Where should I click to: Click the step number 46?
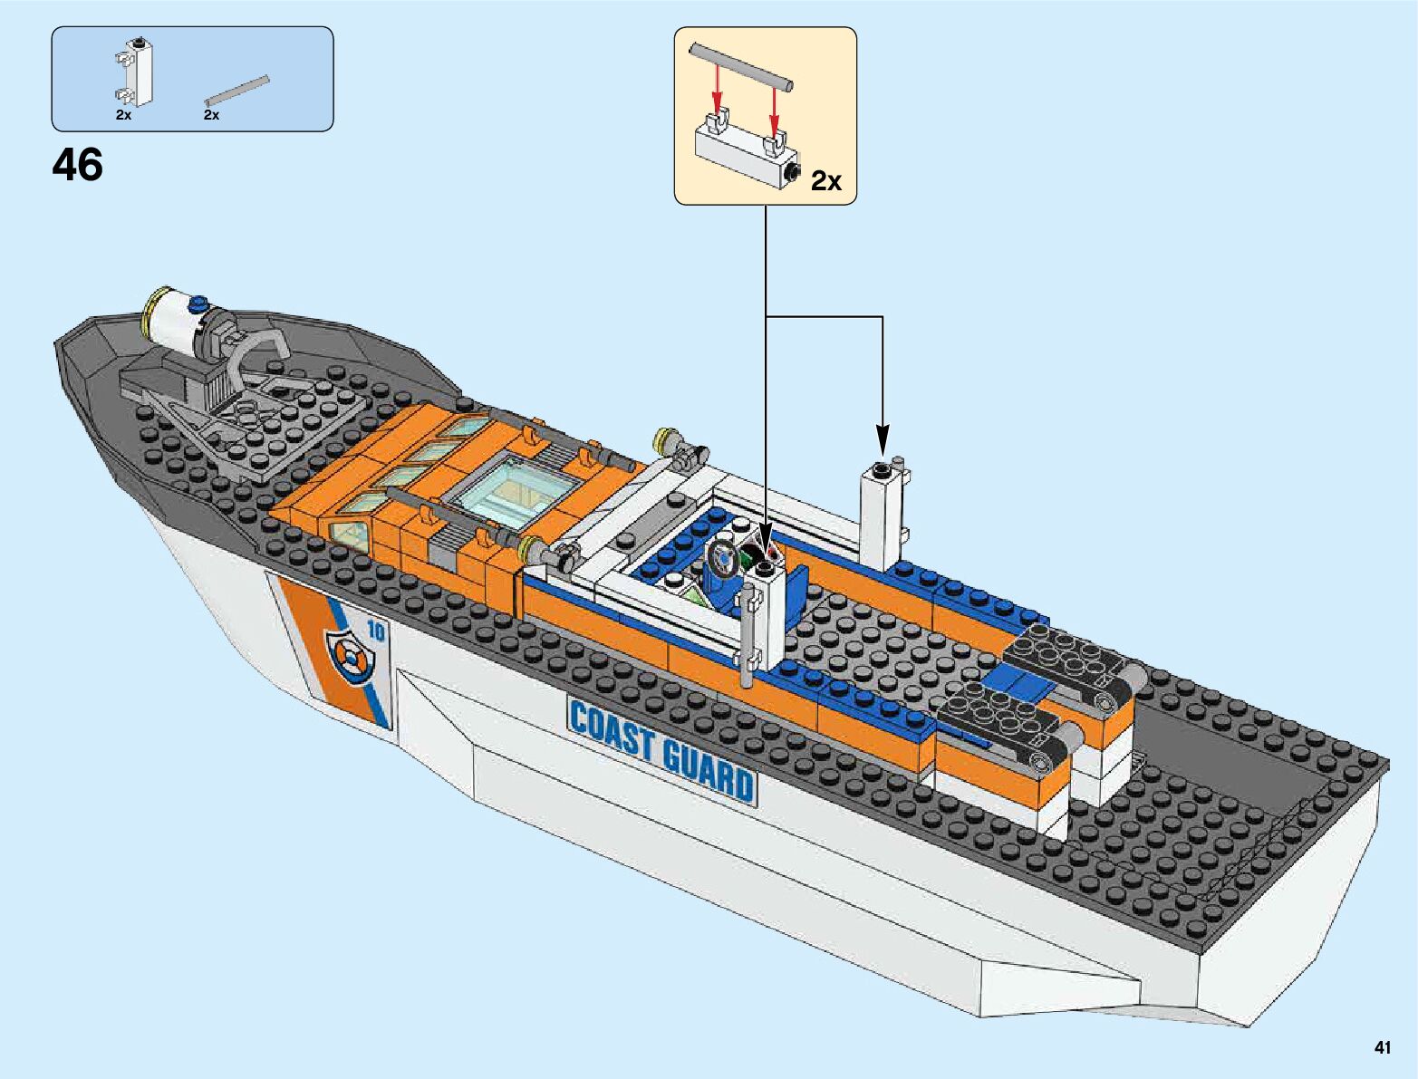click(78, 166)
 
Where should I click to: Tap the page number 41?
click(1382, 1048)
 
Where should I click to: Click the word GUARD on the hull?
click(707, 766)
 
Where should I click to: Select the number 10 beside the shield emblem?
click(375, 631)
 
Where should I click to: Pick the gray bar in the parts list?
click(237, 91)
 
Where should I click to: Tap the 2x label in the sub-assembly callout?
click(825, 181)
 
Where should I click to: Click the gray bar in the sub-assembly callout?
click(742, 66)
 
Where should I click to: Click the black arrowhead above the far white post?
click(882, 439)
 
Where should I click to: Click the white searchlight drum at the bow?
click(175, 323)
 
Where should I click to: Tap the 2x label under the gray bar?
click(212, 116)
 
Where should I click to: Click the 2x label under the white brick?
click(124, 116)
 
